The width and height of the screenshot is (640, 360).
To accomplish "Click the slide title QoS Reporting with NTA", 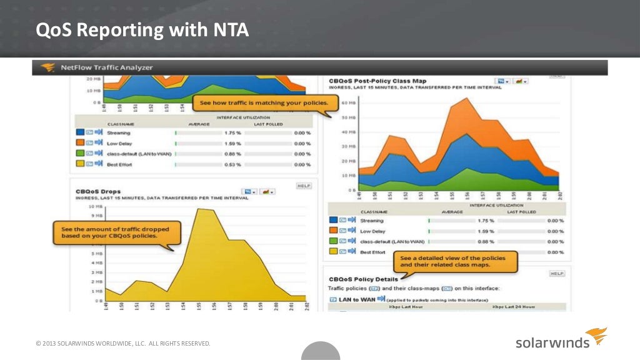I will click(141, 30).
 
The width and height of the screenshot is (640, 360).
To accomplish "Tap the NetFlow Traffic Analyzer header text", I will click(106, 67).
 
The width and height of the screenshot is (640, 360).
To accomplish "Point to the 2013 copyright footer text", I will click(123, 343).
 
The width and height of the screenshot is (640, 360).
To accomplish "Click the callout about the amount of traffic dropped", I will click(118, 233).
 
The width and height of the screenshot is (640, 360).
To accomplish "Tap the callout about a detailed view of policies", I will click(456, 261).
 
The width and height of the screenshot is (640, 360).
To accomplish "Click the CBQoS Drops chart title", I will click(99, 191).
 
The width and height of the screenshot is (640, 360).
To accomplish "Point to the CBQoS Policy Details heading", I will click(362, 279).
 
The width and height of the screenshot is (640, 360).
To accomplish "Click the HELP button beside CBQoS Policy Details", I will click(557, 274).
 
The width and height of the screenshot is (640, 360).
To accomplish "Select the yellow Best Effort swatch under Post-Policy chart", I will click(332, 252).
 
